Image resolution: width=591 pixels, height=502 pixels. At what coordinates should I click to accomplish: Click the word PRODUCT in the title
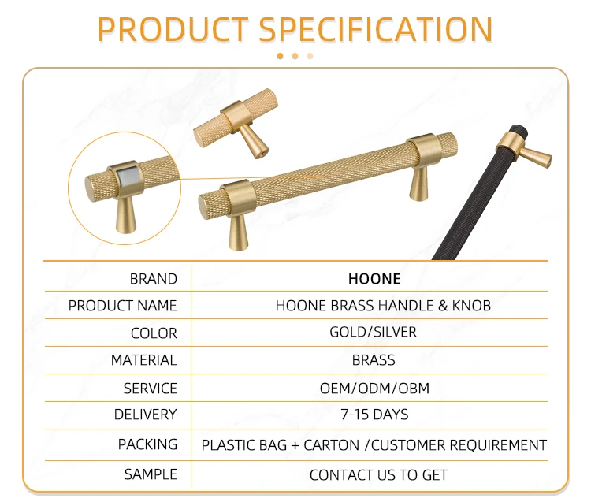[173, 30]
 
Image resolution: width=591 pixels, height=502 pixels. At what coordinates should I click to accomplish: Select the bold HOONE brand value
[374, 279]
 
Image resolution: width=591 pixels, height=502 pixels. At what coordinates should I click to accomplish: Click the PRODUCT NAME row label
[123, 306]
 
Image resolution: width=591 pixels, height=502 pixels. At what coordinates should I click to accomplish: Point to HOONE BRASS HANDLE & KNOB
[383, 306]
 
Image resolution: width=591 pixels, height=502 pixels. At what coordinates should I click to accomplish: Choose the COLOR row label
[154, 333]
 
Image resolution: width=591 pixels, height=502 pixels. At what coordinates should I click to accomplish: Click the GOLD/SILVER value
[373, 332]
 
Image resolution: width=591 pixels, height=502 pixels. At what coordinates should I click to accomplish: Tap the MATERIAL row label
[143, 360]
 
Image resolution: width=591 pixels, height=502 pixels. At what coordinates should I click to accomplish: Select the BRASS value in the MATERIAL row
[374, 360]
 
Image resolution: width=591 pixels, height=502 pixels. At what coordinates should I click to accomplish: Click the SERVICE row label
[150, 389]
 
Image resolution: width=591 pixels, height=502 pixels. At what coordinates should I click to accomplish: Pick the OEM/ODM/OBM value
[374, 388]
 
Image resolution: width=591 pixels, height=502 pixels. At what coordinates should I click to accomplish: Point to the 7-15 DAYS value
[374, 415]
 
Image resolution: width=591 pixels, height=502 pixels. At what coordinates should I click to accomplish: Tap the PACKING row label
[147, 444]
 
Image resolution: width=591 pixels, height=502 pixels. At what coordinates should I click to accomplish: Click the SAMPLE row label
[151, 474]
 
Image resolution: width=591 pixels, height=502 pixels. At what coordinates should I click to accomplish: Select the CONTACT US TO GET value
[378, 475]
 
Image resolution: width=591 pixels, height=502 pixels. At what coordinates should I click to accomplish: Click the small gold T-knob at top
[235, 124]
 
